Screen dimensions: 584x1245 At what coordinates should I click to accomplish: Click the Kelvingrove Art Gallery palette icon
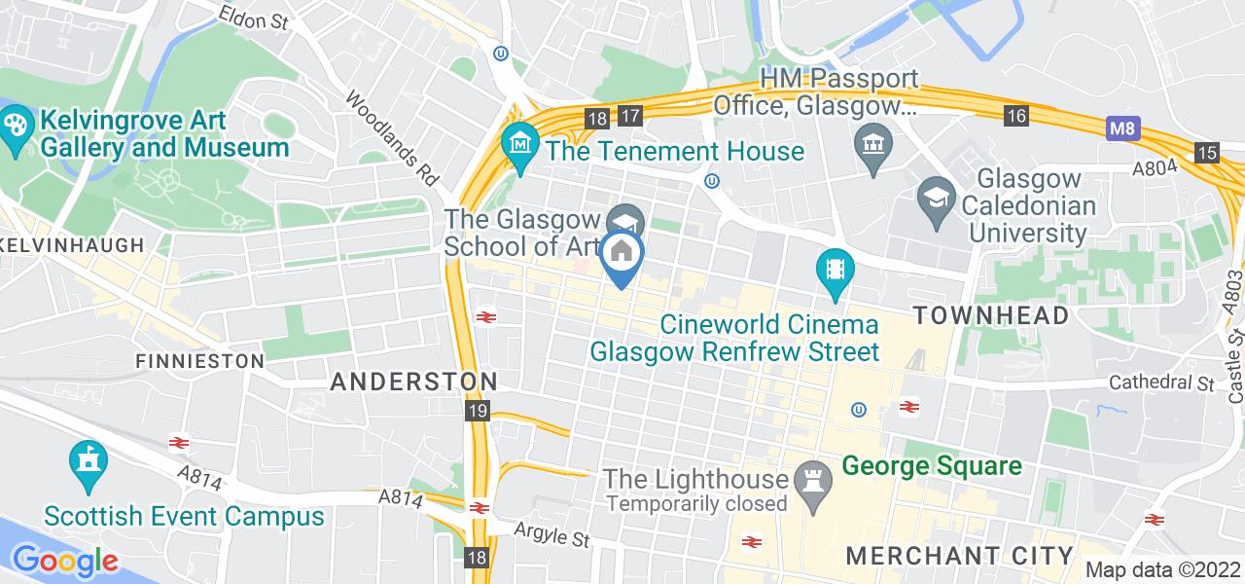pos(17,125)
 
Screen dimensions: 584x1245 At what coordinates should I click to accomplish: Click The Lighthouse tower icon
pos(810,478)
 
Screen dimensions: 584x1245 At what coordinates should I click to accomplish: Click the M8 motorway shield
pos(1121,128)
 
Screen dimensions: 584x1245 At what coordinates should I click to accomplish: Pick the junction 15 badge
pos(1207,153)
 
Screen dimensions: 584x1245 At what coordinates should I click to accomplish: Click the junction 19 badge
pos(477,412)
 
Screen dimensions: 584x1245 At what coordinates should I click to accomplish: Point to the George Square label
pos(932,466)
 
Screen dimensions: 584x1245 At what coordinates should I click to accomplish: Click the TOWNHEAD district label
pos(991,314)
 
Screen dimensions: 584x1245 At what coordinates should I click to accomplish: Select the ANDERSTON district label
pos(414,382)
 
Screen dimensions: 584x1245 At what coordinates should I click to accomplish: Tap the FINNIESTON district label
pos(200,361)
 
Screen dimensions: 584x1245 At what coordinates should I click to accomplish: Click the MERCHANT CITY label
pos(961,556)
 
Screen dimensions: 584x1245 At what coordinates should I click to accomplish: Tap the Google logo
pos(65,561)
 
